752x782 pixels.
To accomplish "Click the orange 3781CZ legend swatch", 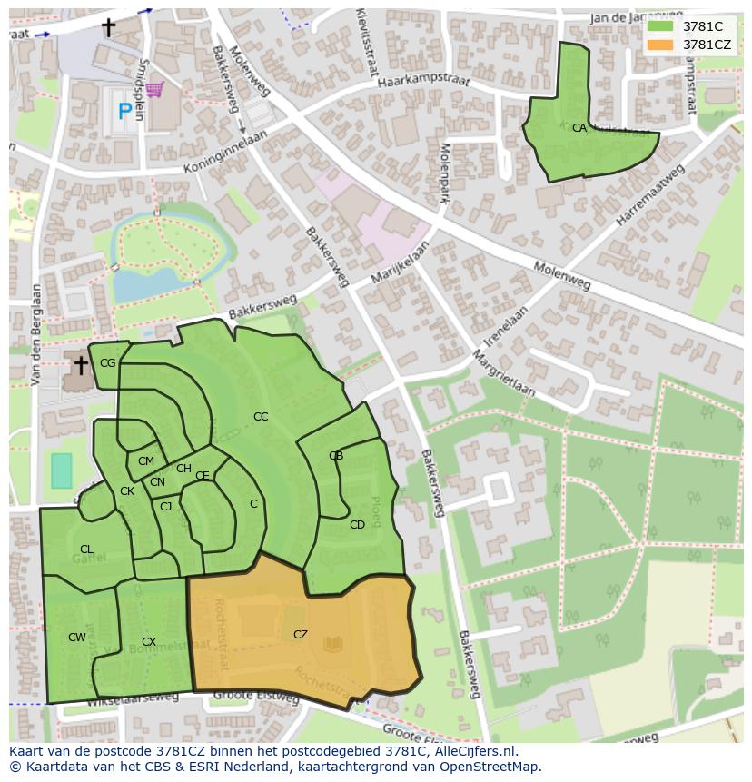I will pyautogui.click(x=660, y=44).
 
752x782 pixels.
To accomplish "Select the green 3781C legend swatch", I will pyautogui.click(x=660, y=26).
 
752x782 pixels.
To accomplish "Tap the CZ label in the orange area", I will pyautogui.click(x=301, y=635).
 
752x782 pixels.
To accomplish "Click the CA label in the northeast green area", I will pyautogui.click(x=579, y=128).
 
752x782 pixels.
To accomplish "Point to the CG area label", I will pyautogui.click(x=107, y=363).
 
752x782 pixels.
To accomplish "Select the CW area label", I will pyautogui.click(x=77, y=638).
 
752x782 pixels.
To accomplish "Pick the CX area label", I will pyautogui.click(x=149, y=642).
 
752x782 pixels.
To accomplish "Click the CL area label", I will pyautogui.click(x=86, y=549).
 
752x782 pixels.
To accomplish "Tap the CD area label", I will pyautogui.click(x=357, y=525).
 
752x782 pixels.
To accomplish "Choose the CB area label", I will pyautogui.click(x=336, y=456).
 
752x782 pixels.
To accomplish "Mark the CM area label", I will pyautogui.click(x=146, y=461).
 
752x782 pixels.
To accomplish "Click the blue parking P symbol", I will pyautogui.click(x=124, y=113).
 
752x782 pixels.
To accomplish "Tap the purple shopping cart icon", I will pyautogui.click(x=154, y=89).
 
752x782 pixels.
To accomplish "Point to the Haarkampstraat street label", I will pyautogui.click(x=436, y=83).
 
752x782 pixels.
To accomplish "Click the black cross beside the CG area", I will pyautogui.click(x=81, y=366).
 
